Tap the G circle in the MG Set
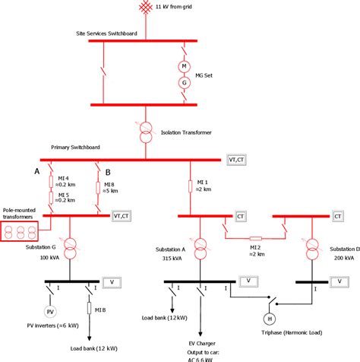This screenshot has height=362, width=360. coord(182,82)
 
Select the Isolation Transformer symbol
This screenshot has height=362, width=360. coord(145,132)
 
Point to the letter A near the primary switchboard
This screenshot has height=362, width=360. coord(36,172)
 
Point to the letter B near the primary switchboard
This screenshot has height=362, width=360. coord(107,172)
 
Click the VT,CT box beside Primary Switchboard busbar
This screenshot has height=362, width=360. coord(236,160)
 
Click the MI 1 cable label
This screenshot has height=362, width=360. coord(202,183)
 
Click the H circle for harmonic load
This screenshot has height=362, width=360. coord(268,318)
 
